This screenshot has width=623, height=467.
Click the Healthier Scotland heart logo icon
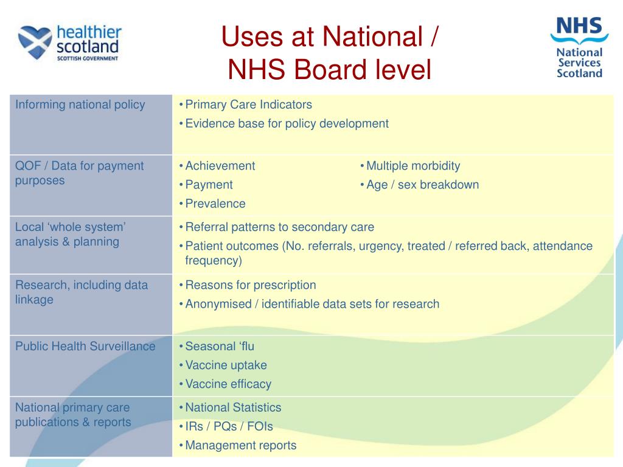36,42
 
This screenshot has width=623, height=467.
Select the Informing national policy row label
80,105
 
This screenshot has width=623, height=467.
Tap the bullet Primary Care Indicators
248,105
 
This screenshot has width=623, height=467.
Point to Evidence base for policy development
287,123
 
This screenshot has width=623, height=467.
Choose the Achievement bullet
220,166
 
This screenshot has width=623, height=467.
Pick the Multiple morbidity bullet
413,166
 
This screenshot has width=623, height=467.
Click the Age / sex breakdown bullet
422,185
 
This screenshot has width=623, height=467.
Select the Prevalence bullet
215,204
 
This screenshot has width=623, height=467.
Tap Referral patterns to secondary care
279,227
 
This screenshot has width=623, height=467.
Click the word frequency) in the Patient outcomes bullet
214,261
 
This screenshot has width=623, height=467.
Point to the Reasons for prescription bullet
251,285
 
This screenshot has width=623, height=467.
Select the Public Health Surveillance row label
85,347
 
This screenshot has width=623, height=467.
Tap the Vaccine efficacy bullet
228,384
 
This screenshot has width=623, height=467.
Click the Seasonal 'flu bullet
220,347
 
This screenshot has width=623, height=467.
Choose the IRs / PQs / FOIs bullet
229,426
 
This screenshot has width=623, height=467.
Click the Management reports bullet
240,445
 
